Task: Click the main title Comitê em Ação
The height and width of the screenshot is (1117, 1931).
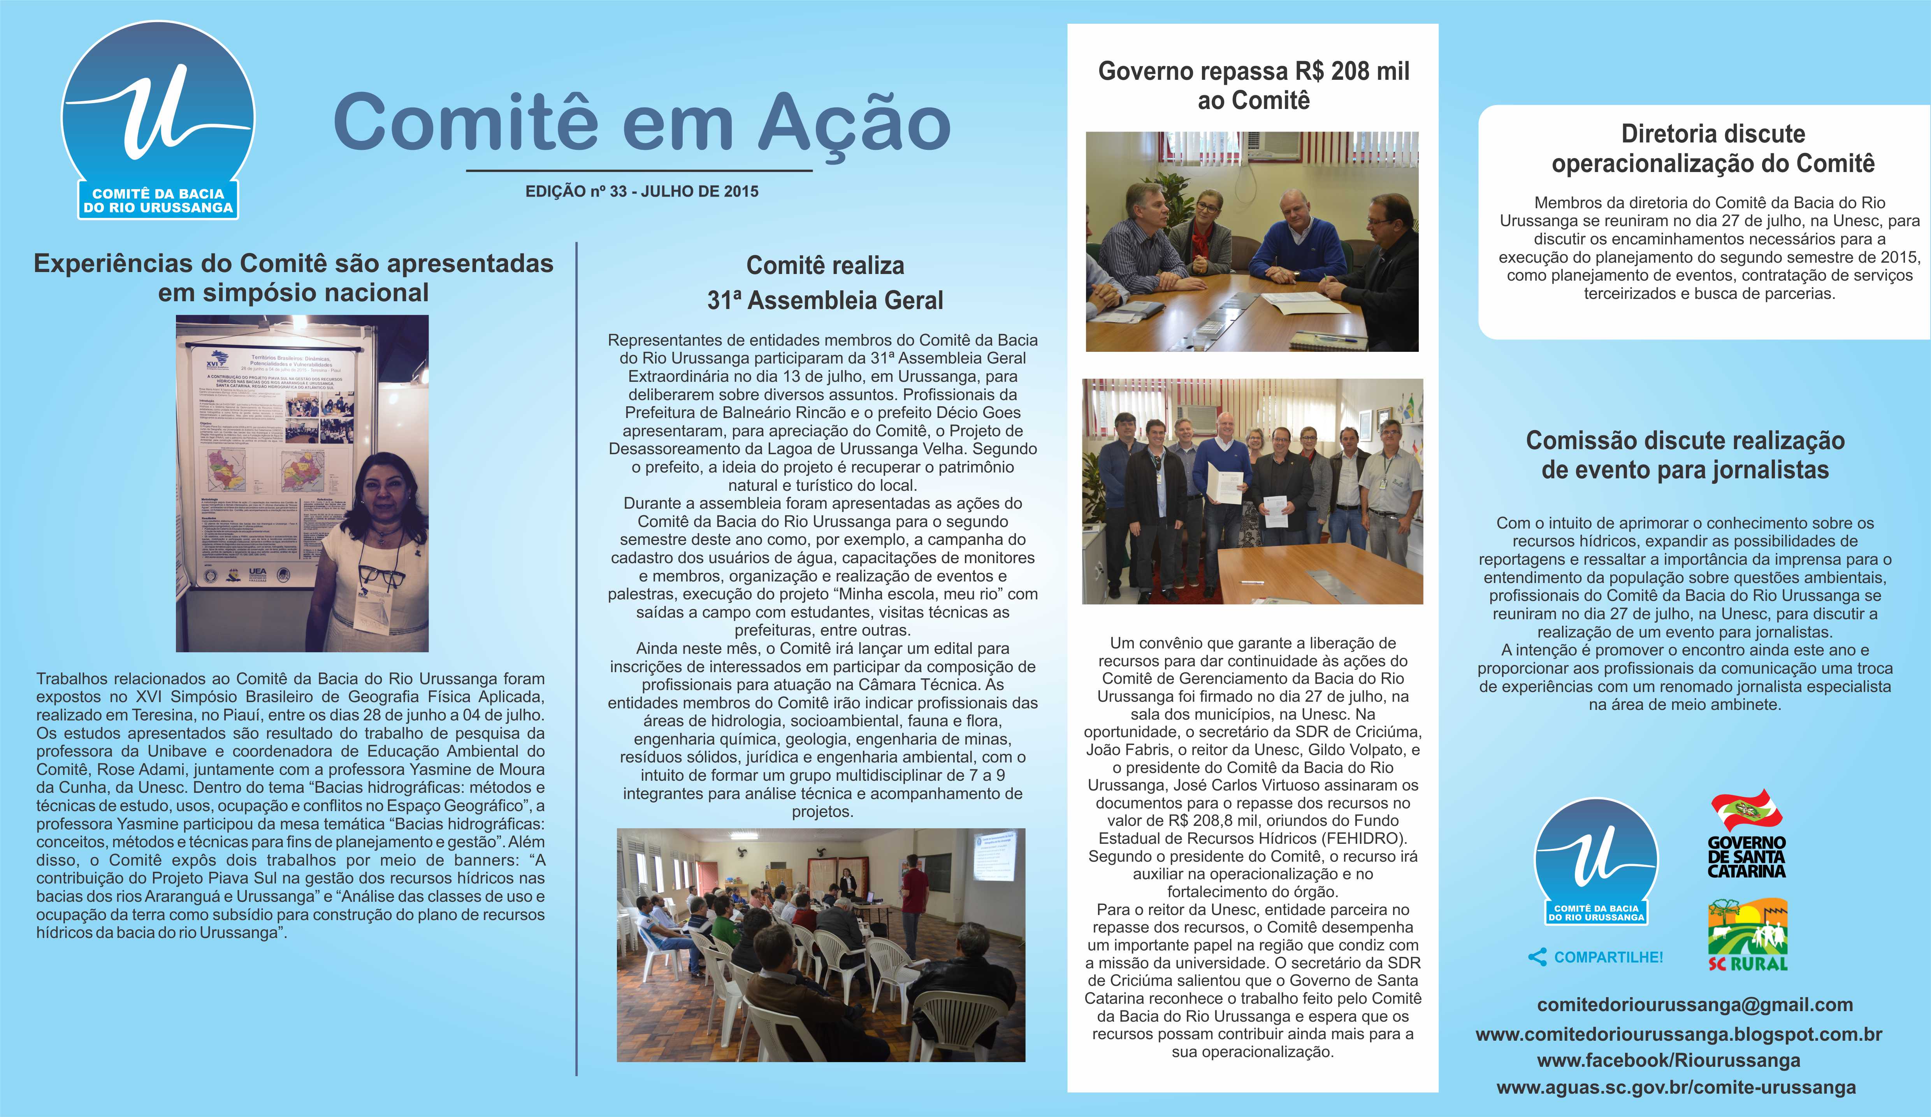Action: coord(642,123)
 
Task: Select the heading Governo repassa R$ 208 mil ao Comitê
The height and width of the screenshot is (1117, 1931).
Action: coord(1254,85)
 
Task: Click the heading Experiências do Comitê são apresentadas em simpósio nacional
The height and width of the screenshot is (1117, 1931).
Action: coord(293,277)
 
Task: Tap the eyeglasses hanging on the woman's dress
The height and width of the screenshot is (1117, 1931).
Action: coord(381,576)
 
